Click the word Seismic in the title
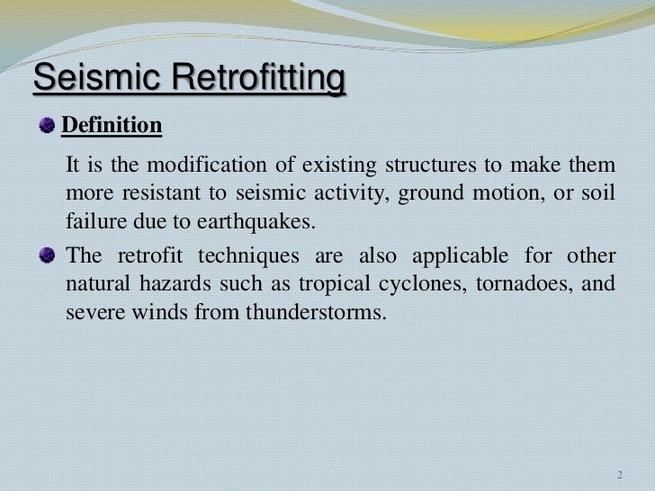point(84,79)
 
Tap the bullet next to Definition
point(48,127)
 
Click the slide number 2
point(618,475)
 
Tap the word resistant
point(148,194)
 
